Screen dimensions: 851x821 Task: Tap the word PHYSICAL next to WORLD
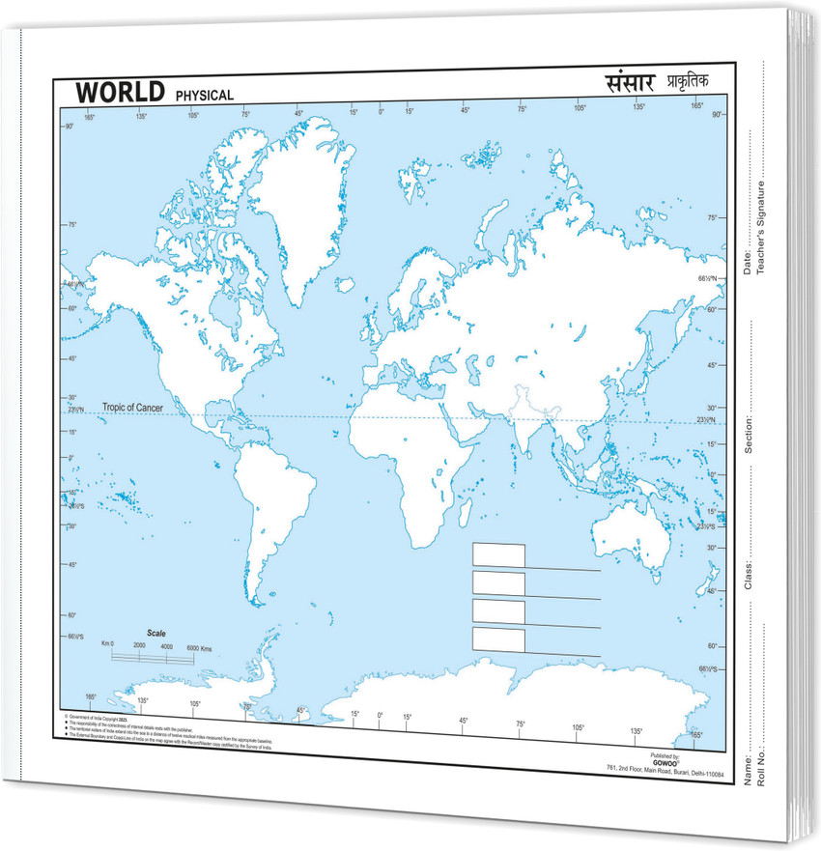[x=204, y=96]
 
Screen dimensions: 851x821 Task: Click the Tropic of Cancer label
[x=131, y=409]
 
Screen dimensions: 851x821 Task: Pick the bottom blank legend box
[x=498, y=639]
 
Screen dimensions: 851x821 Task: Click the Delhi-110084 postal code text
[x=709, y=768]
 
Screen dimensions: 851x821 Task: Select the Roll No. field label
[x=762, y=769]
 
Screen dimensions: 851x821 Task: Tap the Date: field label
[x=748, y=259]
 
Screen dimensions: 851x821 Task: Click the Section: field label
[x=748, y=433]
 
